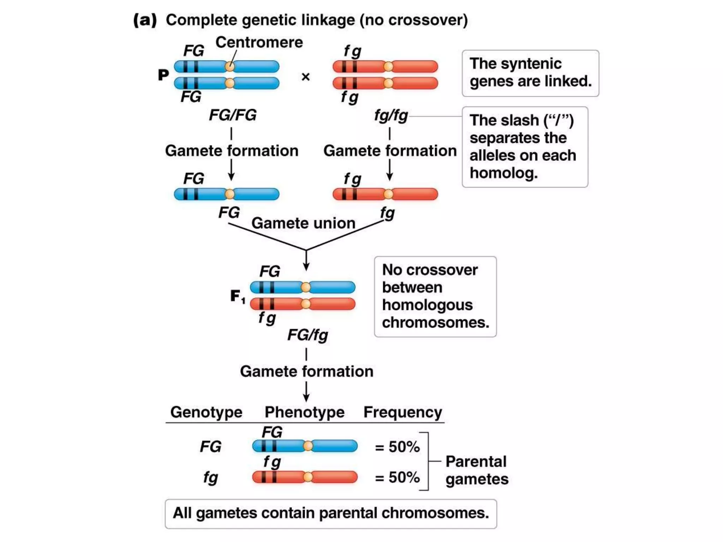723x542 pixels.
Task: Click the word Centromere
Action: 259,42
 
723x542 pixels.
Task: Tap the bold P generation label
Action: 163,75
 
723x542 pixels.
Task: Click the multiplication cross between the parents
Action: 306,77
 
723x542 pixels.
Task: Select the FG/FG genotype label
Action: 233,115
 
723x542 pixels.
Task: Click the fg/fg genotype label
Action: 391,115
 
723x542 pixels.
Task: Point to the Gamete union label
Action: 303,223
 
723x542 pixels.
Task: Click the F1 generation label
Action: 237,296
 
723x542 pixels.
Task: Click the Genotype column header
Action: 206,412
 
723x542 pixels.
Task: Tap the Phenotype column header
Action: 304,412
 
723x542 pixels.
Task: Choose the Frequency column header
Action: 402,412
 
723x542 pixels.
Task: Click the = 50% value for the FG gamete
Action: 397,447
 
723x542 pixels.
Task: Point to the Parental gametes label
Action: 477,470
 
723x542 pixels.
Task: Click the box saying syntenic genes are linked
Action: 530,73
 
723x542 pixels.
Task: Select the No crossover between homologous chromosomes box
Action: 435,296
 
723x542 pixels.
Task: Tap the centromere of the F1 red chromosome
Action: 306,304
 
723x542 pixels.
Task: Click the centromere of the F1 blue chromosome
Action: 306,287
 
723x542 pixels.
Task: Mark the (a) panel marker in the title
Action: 145,20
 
